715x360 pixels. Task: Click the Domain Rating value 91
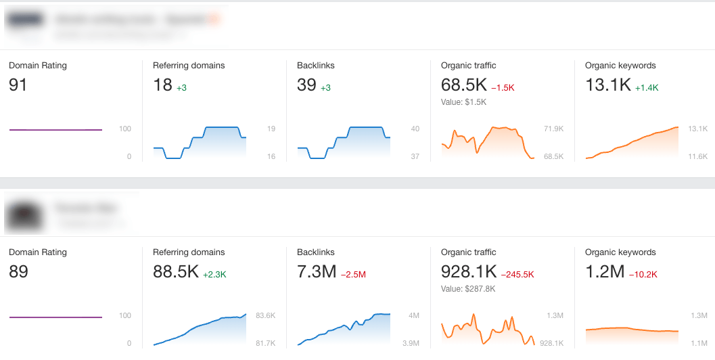[18, 85]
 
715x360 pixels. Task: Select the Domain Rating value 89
[18, 271]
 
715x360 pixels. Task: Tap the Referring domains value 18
[162, 85]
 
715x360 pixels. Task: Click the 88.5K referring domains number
[176, 271]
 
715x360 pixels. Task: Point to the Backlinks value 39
[306, 85]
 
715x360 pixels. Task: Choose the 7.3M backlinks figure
[317, 271]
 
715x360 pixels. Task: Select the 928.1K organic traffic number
[468, 271]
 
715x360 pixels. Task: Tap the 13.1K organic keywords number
[608, 85]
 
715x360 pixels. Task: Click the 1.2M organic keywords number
[605, 271]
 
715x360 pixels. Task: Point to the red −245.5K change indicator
[517, 275]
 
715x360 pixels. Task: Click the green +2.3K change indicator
[214, 275]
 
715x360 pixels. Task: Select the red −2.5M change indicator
[353, 275]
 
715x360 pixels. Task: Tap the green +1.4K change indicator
[646, 88]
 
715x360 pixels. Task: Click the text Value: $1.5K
[463, 102]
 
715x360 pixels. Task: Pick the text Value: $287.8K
[468, 289]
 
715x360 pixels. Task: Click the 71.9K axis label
[553, 129]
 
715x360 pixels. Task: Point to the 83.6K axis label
[265, 315]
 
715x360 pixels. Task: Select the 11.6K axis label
[698, 156]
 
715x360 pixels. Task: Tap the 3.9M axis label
[411, 343]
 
